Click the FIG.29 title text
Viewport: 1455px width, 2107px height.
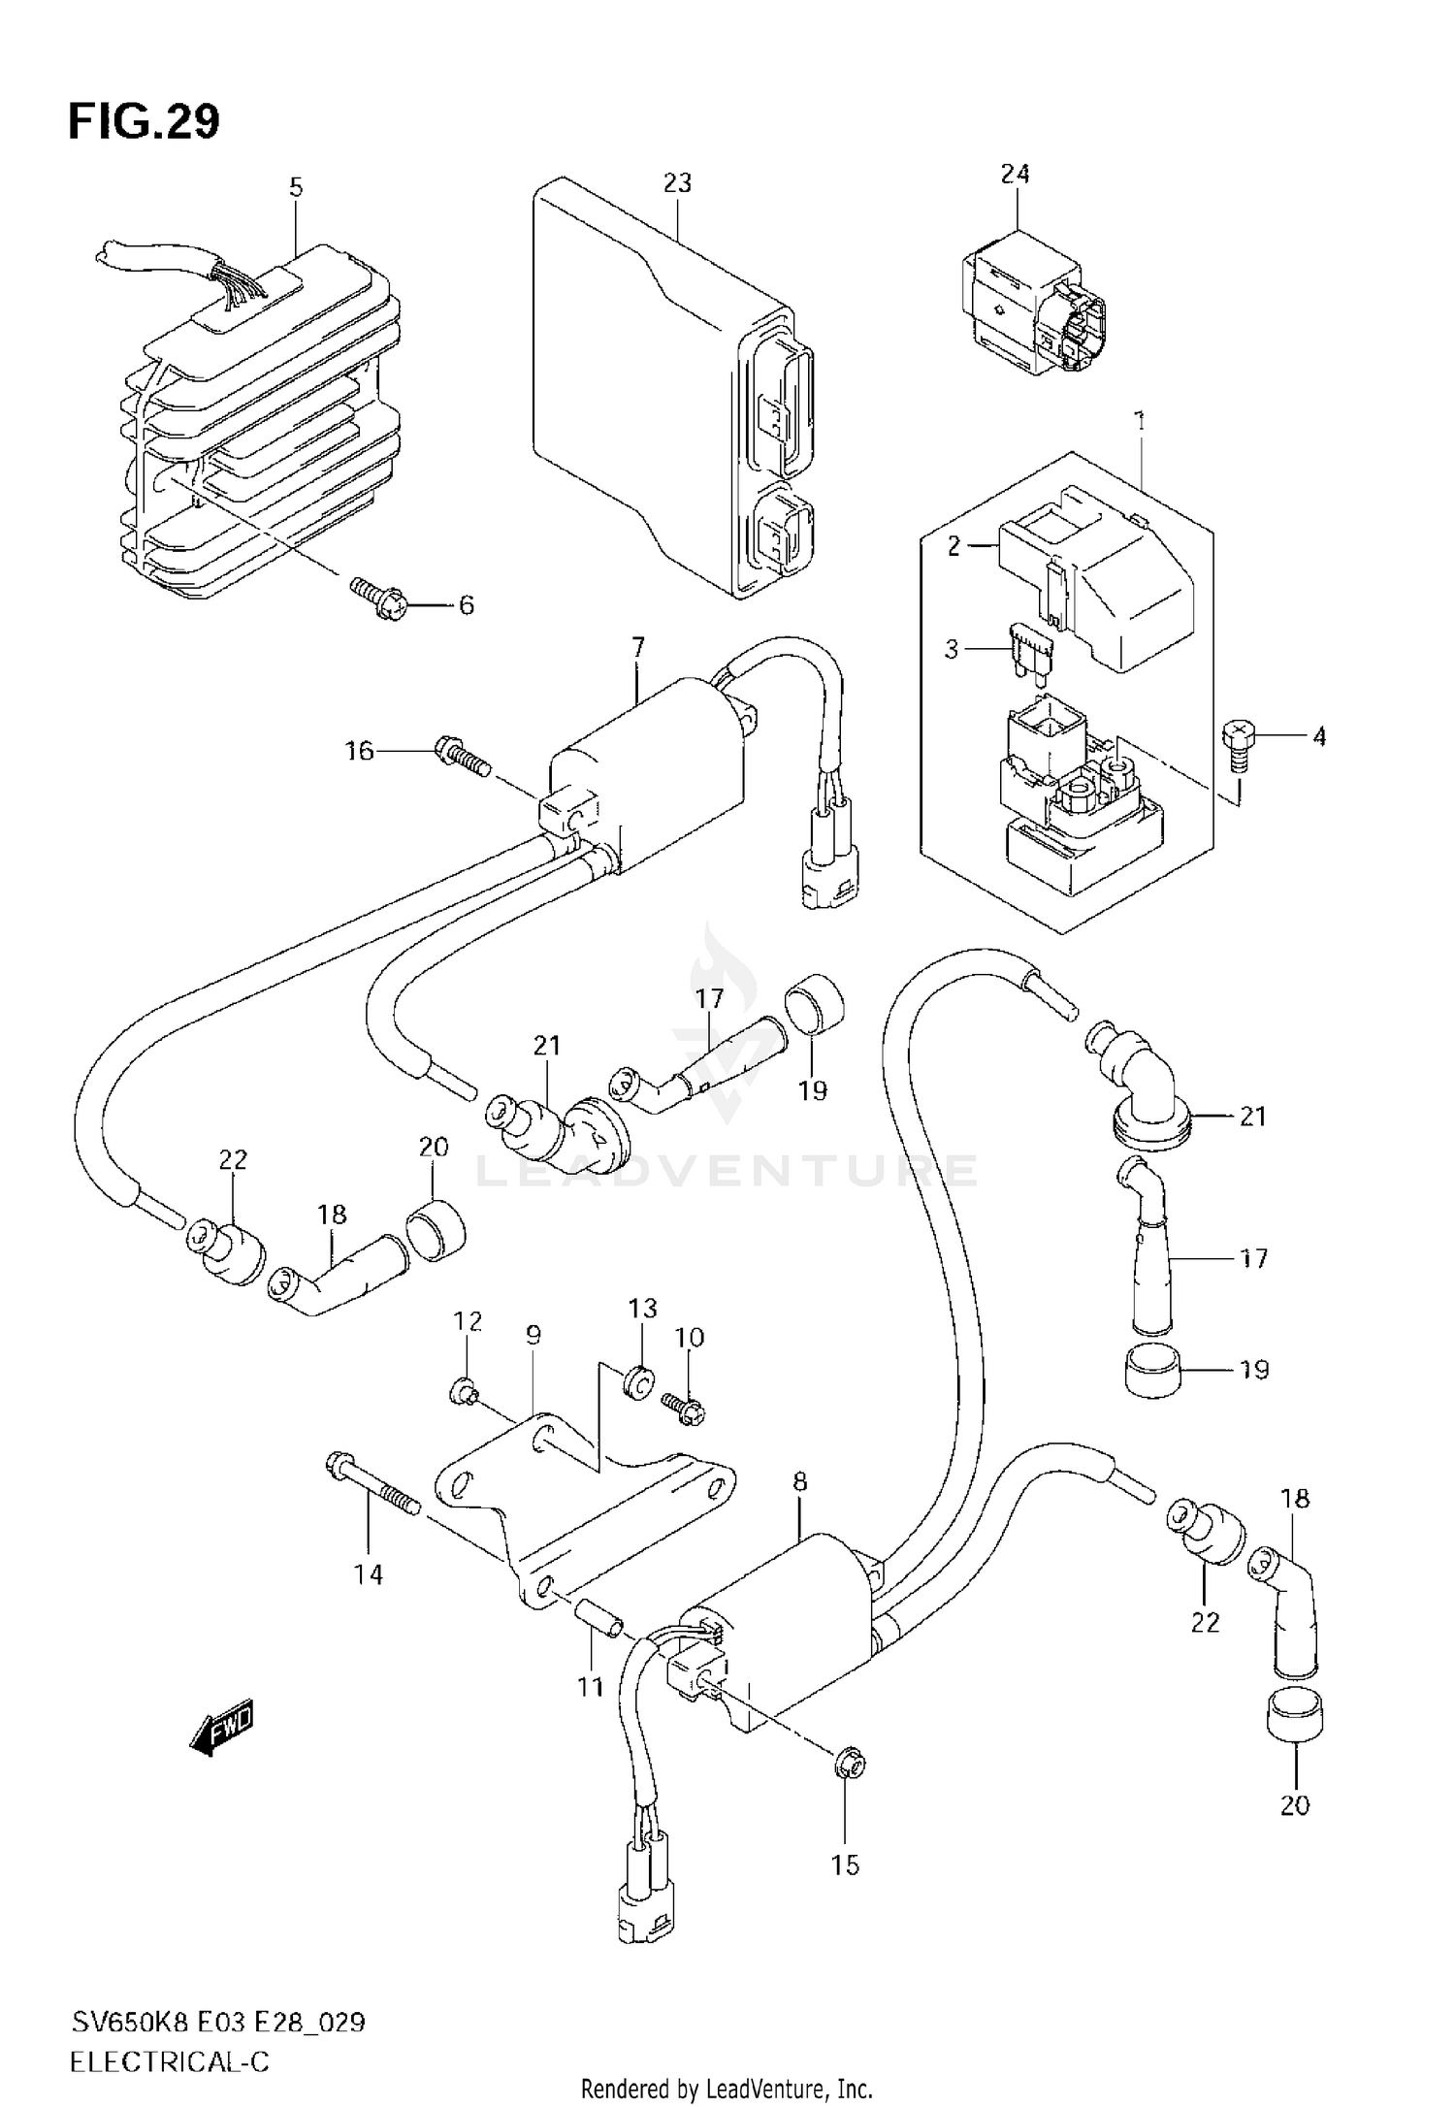(144, 122)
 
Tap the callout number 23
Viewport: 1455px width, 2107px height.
(677, 183)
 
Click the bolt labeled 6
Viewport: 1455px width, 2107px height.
(376, 597)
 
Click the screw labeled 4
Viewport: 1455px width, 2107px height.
(1238, 743)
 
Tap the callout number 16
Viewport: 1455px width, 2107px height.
(360, 750)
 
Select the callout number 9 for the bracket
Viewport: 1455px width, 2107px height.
(533, 1336)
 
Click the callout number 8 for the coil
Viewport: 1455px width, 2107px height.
(799, 1481)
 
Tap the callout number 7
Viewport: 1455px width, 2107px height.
(637, 648)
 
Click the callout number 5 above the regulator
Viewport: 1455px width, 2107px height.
(296, 187)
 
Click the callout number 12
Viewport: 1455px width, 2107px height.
(468, 1321)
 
